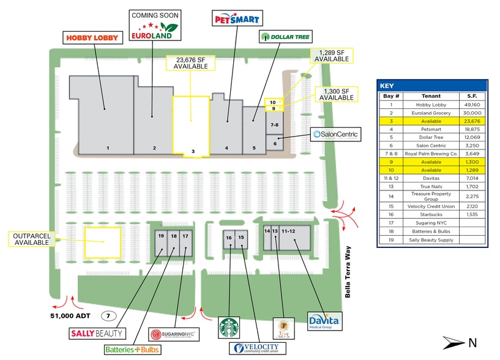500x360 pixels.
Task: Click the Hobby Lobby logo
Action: pos(91,38)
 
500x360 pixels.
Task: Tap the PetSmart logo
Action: pos(237,18)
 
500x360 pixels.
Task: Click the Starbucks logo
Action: pos(229,328)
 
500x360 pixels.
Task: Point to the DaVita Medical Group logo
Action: pos(324,321)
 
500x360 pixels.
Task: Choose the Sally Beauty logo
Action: pos(97,334)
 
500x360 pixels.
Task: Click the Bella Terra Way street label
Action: pos(348,272)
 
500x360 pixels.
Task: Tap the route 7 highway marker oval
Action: pos(108,316)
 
